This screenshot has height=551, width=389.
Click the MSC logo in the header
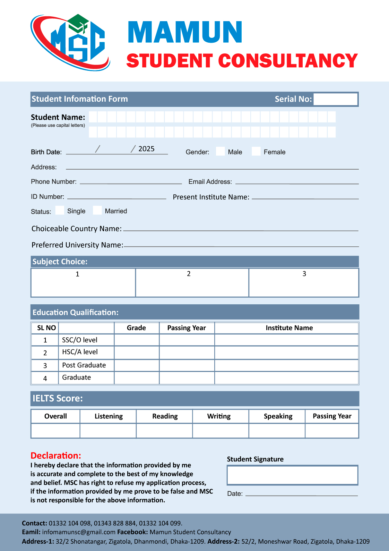click(x=70, y=42)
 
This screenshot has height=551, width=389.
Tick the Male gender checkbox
click(x=220, y=151)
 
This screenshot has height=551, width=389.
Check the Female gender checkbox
click(x=256, y=151)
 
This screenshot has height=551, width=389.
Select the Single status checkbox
click(x=60, y=210)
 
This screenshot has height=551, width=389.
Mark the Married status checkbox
click(x=97, y=210)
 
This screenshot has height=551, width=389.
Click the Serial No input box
click(x=335, y=99)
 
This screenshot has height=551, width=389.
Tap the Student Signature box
click(x=292, y=475)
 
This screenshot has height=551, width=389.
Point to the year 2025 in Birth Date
click(x=146, y=149)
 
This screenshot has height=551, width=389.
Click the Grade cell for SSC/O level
click(x=137, y=340)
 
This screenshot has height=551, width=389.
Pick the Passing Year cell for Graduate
click(x=187, y=378)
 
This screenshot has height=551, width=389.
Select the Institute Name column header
click(x=289, y=328)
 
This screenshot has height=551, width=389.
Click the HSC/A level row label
click(x=80, y=352)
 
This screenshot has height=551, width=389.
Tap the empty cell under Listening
click(x=108, y=431)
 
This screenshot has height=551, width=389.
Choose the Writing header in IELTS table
click(x=219, y=416)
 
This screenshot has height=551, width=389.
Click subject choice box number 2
click(x=192, y=283)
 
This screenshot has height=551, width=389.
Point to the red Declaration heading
click(x=56, y=456)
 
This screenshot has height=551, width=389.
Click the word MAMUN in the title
click(x=185, y=32)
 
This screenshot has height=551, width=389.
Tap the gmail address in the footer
click(x=79, y=532)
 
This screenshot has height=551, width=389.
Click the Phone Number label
click(x=54, y=182)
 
